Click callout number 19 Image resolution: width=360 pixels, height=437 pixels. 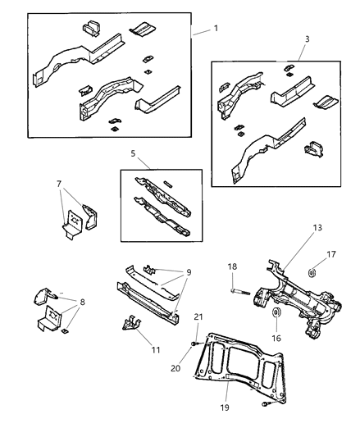[223, 406]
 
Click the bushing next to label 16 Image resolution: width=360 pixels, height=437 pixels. [276, 316]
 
